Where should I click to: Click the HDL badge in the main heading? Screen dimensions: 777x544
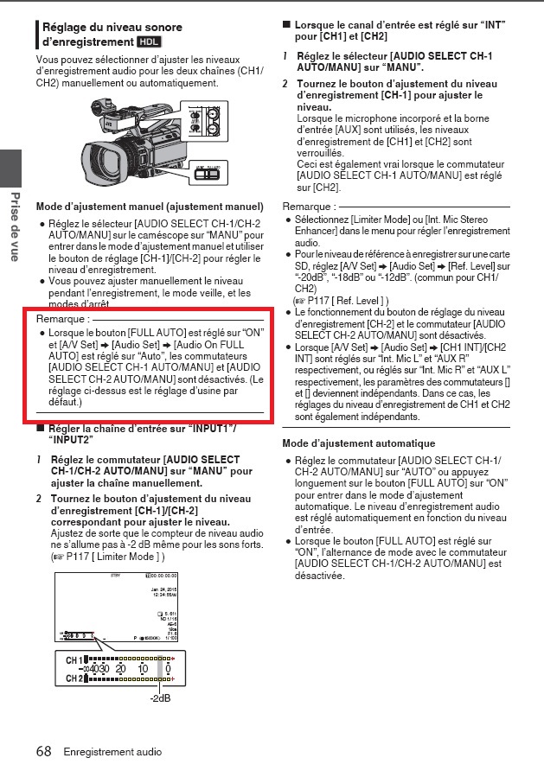click(x=148, y=41)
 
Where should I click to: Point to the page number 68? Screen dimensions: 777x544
click(x=44, y=751)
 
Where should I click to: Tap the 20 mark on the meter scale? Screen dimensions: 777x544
click(x=121, y=669)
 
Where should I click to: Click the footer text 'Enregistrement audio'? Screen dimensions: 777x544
click(x=112, y=752)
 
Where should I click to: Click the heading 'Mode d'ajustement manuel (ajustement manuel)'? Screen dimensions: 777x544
click(x=150, y=207)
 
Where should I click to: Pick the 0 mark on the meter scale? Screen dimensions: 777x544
click(x=169, y=669)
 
